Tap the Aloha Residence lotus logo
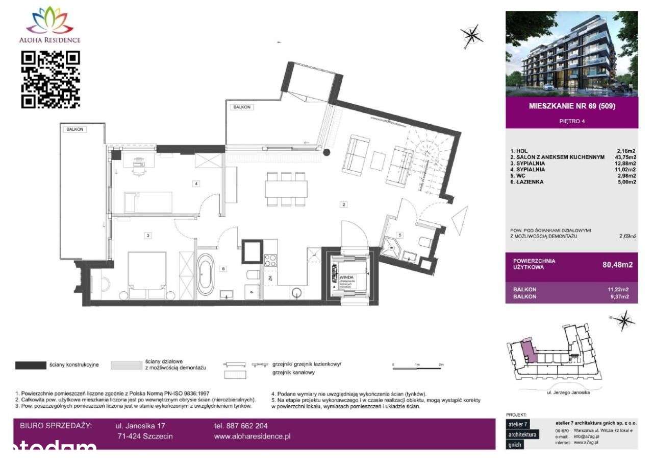tap(50, 20)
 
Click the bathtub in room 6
tap(207, 274)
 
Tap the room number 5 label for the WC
tap(400, 235)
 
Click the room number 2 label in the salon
tap(344, 205)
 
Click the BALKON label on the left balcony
tap(74, 129)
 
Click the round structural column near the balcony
tap(327, 152)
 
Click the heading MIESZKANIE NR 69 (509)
tap(571, 107)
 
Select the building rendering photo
tap(571, 54)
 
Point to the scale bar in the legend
tap(417, 366)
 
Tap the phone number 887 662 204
tap(241, 425)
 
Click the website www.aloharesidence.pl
tap(253, 436)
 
